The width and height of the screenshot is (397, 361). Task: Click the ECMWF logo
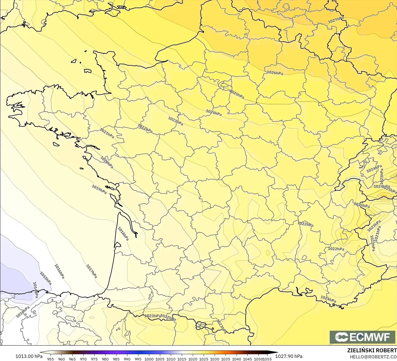click(x=363, y=337)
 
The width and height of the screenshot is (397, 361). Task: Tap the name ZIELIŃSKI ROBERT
click(x=372, y=350)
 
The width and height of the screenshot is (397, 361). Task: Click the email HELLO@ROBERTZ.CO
click(x=373, y=357)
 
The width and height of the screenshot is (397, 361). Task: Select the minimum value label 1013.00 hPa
click(x=29, y=356)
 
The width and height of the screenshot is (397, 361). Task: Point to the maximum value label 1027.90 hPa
click(x=289, y=356)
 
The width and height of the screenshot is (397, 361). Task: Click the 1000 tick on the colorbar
click(x=149, y=359)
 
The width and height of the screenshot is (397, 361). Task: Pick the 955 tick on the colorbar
click(x=51, y=359)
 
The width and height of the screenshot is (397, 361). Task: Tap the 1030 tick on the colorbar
click(x=215, y=359)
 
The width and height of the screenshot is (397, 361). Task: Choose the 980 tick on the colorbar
click(x=105, y=359)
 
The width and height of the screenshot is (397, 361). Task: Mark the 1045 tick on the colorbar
click(x=247, y=359)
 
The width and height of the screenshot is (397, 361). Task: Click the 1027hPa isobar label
click(x=336, y=20)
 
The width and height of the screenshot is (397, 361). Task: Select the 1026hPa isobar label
click(x=275, y=73)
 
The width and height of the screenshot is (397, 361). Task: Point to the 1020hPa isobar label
click(x=107, y=162)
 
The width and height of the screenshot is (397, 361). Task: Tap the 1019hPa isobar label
click(x=99, y=189)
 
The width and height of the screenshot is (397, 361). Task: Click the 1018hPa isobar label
click(x=123, y=234)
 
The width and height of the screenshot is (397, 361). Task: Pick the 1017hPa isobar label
click(x=91, y=271)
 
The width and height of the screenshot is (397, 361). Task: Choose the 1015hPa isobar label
click(x=46, y=278)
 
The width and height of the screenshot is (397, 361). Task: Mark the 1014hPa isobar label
click(x=35, y=290)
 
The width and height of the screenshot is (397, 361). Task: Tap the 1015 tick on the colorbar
click(x=182, y=359)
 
